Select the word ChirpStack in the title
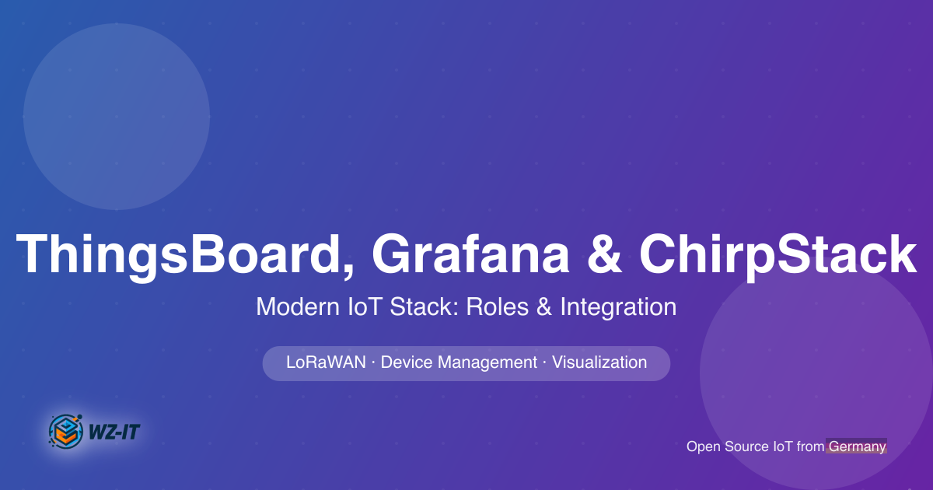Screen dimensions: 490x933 (777, 254)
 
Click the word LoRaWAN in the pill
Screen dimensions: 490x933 (326, 362)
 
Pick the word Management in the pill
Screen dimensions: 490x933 (487, 362)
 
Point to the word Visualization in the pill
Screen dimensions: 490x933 (599, 362)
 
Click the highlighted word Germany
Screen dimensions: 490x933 (857, 446)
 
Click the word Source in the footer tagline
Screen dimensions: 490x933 (746, 446)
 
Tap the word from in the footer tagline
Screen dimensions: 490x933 (810, 446)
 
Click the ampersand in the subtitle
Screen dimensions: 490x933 (543, 307)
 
